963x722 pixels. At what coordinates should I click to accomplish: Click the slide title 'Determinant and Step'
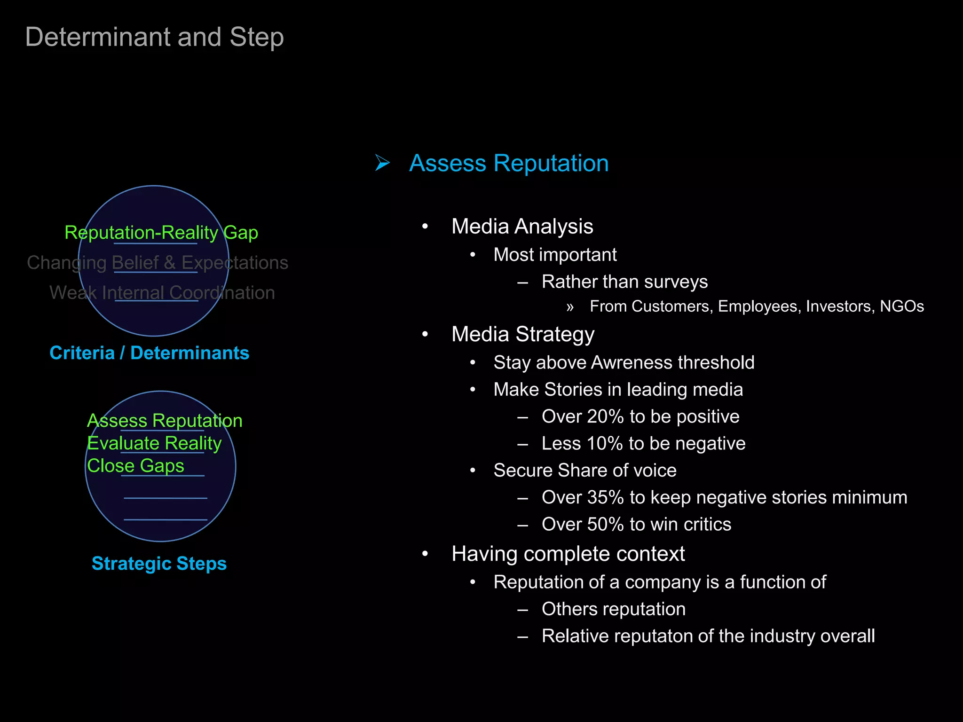154,37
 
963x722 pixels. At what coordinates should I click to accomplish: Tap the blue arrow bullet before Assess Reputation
382,163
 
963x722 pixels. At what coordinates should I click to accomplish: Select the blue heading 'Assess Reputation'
509,163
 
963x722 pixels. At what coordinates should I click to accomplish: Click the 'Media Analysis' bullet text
522,226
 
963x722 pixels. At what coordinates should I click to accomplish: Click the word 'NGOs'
901,306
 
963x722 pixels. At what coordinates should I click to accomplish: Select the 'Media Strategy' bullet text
523,334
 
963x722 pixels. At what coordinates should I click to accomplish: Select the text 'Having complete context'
568,554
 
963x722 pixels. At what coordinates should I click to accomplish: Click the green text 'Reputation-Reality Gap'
161,232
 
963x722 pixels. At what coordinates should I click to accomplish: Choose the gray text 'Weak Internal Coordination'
162,292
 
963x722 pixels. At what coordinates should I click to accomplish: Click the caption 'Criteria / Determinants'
150,353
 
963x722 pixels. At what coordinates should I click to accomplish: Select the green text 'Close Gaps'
135,465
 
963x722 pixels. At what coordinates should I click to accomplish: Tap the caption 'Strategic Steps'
159,563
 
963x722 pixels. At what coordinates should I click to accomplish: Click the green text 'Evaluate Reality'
154,443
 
